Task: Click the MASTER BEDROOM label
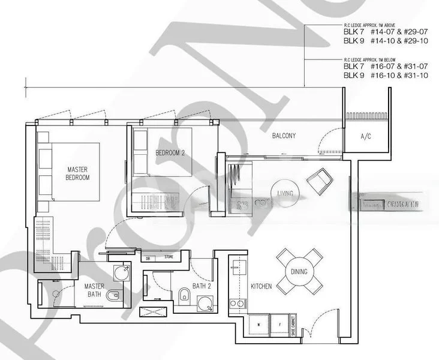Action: pos(77,173)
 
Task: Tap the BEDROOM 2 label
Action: pos(170,152)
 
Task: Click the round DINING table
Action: pos(298,272)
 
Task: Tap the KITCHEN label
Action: pos(261,287)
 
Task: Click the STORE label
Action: pos(170,258)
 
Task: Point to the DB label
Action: pos(148,258)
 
